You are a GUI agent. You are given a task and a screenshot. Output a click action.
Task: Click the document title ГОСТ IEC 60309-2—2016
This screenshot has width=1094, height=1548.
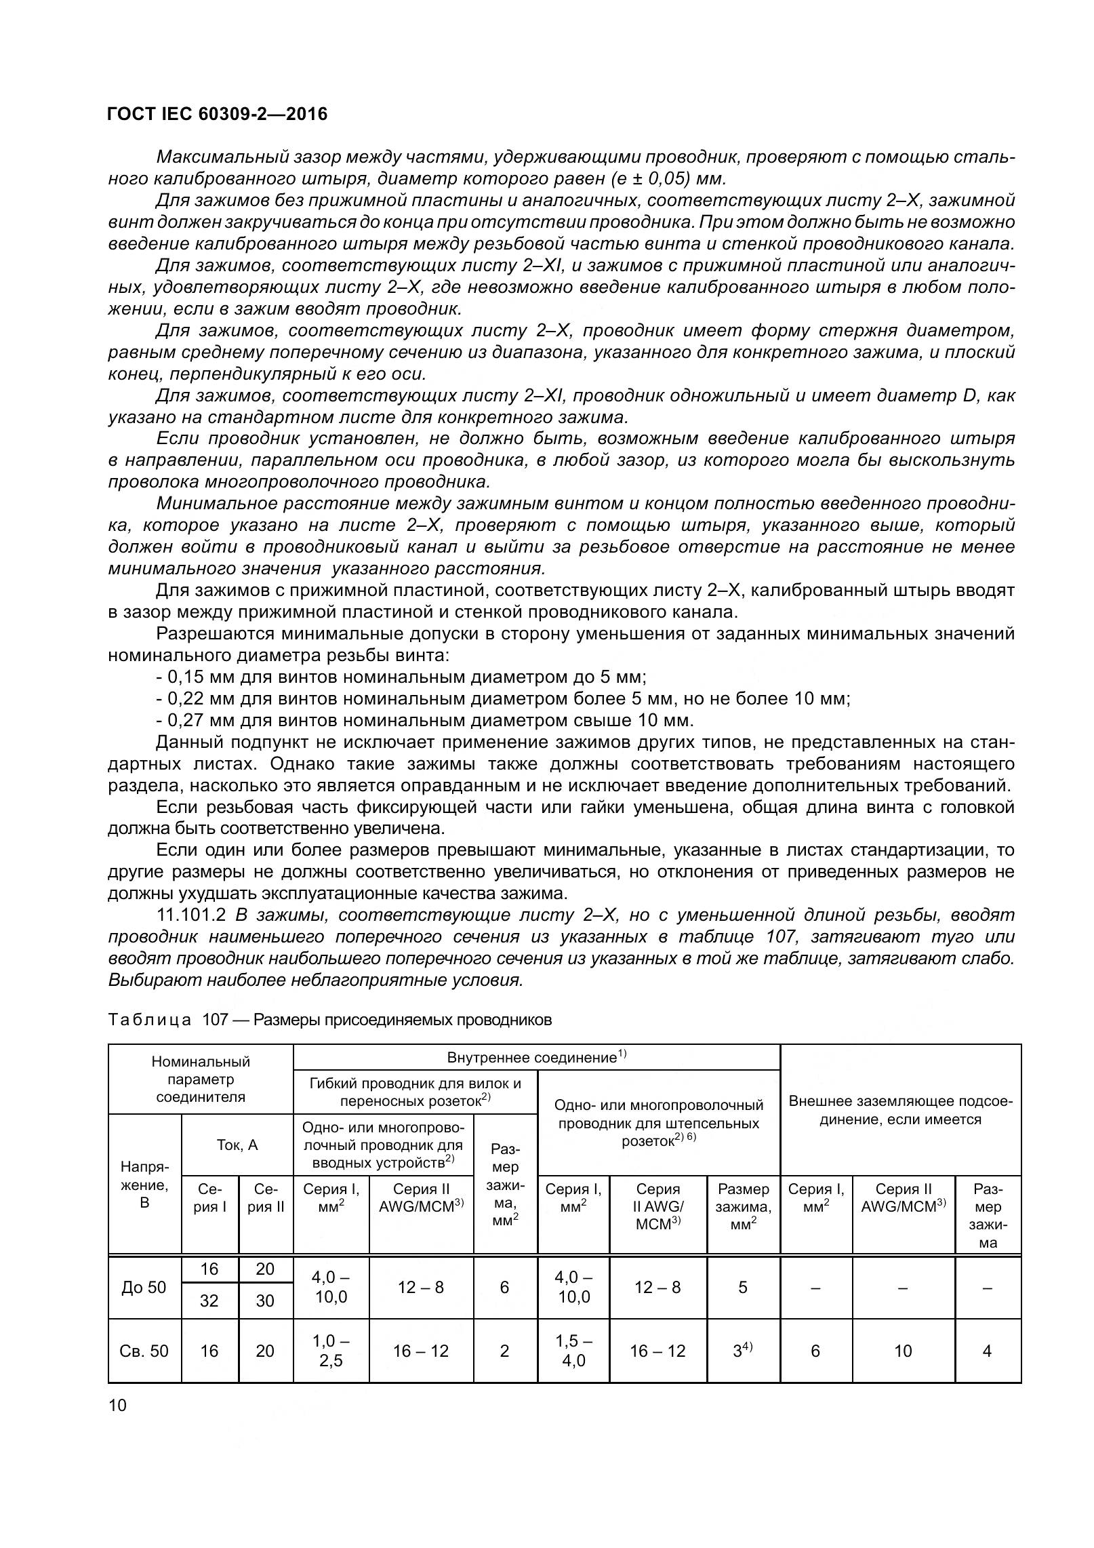(217, 114)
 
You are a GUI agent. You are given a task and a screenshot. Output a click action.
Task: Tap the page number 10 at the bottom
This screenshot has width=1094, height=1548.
(117, 1406)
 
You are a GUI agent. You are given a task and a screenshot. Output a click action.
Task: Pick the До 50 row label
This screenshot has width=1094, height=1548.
(144, 1288)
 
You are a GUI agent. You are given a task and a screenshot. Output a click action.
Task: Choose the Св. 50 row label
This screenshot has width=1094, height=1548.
(144, 1351)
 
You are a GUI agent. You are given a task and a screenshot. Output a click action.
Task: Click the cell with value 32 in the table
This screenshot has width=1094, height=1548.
(209, 1301)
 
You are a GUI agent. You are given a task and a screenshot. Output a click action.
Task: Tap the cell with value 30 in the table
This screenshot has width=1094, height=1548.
(265, 1301)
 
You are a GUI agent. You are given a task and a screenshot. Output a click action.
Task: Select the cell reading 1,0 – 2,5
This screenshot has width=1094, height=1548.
(331, 1351)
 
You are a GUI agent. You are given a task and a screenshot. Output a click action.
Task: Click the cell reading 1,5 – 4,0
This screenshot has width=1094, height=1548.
(573, 1351)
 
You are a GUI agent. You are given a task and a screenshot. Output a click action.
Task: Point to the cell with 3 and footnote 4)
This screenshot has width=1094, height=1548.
(742, 1351)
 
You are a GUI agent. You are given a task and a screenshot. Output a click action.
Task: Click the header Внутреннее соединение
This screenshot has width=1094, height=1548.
(535, 1058)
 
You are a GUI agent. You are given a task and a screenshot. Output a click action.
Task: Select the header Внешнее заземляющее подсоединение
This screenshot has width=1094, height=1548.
(900, 1110)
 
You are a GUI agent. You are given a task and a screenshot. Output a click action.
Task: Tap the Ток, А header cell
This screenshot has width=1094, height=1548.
(237, 1145)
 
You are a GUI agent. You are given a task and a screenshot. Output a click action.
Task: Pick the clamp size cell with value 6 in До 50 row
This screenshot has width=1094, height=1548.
(504, 1288)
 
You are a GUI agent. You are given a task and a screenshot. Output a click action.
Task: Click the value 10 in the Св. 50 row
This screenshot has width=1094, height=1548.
(903, 1351)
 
